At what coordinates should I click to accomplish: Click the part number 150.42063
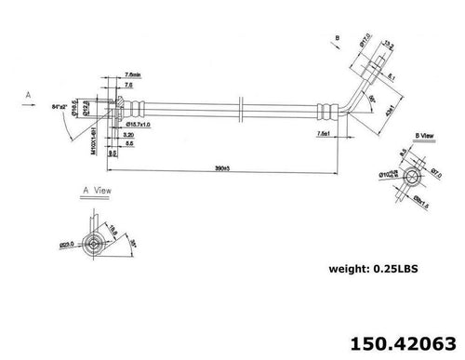[402, 340]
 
